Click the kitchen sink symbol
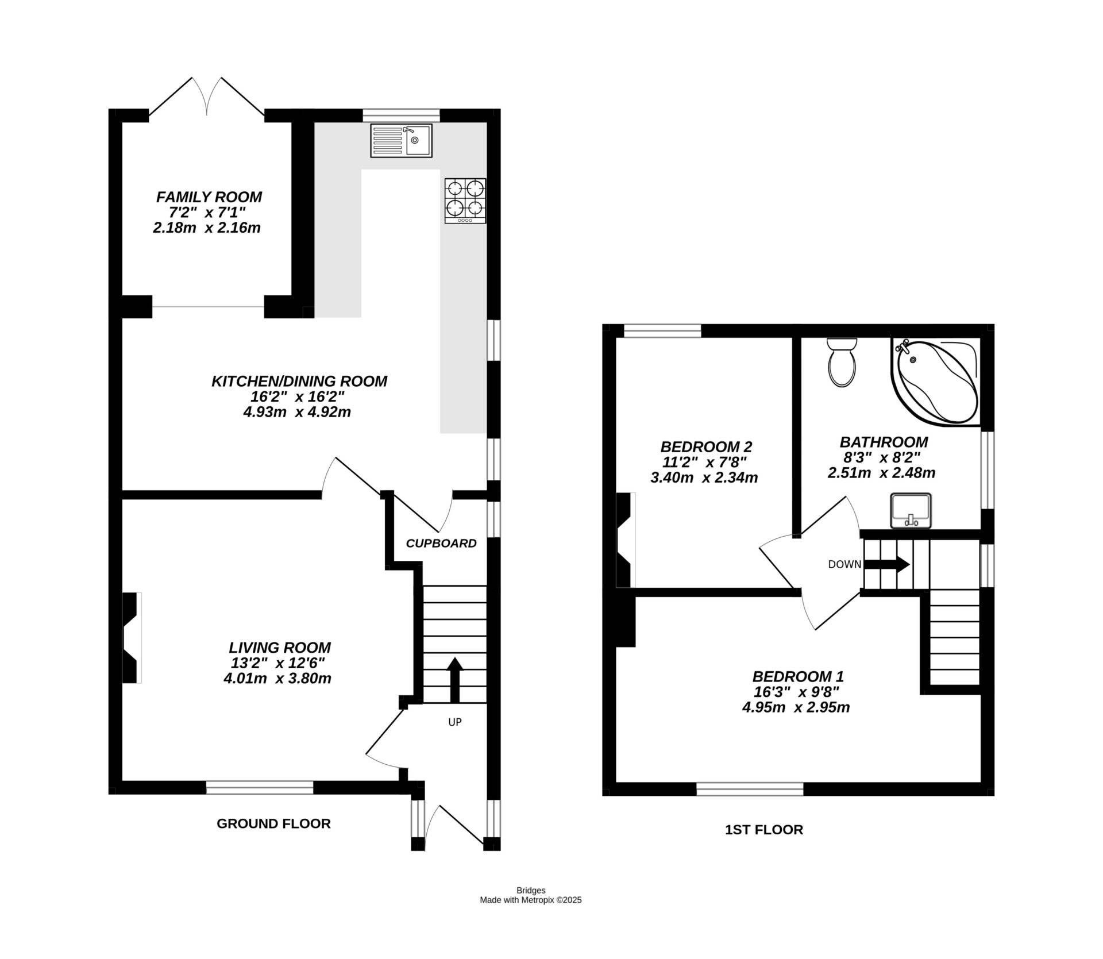(401, 140)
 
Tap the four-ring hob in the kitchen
(465, 201)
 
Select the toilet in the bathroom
(842, 362)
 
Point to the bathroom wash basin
(910, 510)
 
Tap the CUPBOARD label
(441, 543)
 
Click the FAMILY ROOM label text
(209, 197)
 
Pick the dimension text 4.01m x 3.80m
(277, 678)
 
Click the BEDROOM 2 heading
(706, 446)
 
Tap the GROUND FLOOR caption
(273, 823)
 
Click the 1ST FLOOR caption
(763, 829)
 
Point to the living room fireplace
(132, 638)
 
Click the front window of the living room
(260, 787)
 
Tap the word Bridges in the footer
(530, 891)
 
